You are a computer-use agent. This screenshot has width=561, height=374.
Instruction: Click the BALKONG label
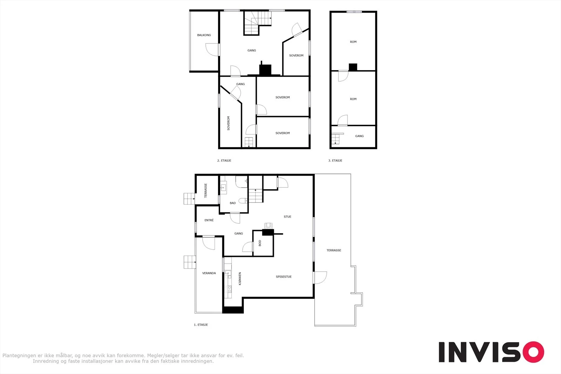pyautogui.click(x=204, y=35)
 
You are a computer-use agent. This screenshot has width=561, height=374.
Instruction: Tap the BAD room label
pyautogui.click(x=233, y=203)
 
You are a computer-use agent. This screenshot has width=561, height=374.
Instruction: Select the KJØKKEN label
pyautogui.click(x=240, y=279)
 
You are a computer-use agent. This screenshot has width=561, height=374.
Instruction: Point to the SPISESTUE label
pyautogui.click(x=284, y=277)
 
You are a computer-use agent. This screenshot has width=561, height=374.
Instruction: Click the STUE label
pyautogui.click(x=288, y=217)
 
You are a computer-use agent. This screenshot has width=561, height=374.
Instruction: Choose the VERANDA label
pyautogui.click(x=209, y=273)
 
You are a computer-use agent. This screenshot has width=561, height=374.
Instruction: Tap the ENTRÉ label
pyautogui.click(x=209, y=220)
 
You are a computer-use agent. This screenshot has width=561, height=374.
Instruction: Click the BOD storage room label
pyautogui.click(x=260, y=243)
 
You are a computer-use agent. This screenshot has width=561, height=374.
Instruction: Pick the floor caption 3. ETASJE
pyautogui.click(x=335, y=161)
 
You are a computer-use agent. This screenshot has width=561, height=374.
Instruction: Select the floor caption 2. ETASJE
pyautogui.click(x=224, y=161)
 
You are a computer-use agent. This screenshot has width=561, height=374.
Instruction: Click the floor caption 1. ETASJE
pyautogui.click(x=201, y=325)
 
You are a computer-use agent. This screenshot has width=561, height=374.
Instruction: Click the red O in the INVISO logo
pyautogui.click(x=533, y=352)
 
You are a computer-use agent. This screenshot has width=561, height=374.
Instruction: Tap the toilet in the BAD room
pyautogui.click(x=243, y=200)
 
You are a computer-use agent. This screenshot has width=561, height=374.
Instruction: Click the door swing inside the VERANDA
pyautogui.click(x=209, y=243)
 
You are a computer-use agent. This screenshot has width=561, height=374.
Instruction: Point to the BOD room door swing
pyautogui.click(x=248, y=247)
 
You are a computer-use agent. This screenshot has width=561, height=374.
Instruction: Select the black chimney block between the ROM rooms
pyautogui.click(x=353, y=67)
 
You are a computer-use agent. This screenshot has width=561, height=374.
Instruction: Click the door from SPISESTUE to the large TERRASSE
pyautogui.click(x=320, y=278)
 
